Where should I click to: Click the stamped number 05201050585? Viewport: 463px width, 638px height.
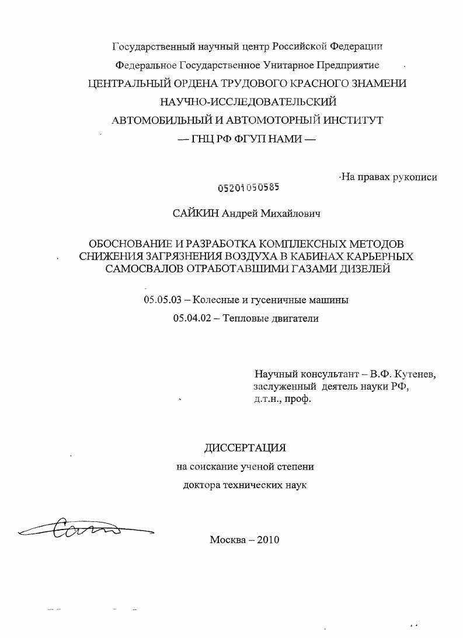248,187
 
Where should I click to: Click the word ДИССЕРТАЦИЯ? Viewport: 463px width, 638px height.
245,448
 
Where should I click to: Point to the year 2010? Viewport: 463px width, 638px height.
267,539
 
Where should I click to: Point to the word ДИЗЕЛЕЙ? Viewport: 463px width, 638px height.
367,269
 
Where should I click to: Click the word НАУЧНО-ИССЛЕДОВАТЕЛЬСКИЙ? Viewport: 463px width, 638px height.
248,101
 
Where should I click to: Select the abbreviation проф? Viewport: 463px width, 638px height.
299,399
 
